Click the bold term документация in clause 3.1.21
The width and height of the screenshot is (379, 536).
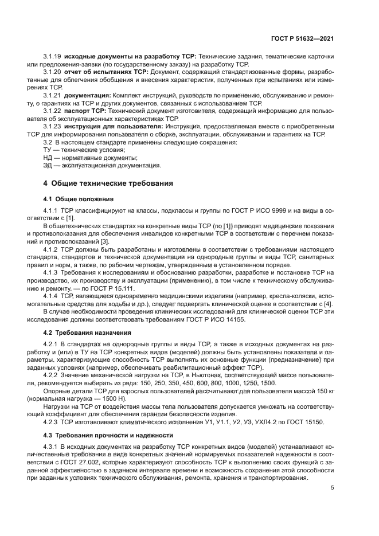tap(88, 94)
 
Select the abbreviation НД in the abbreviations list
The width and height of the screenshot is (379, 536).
tap(49, 157)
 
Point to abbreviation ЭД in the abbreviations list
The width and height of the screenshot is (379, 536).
tap(49, 166)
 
